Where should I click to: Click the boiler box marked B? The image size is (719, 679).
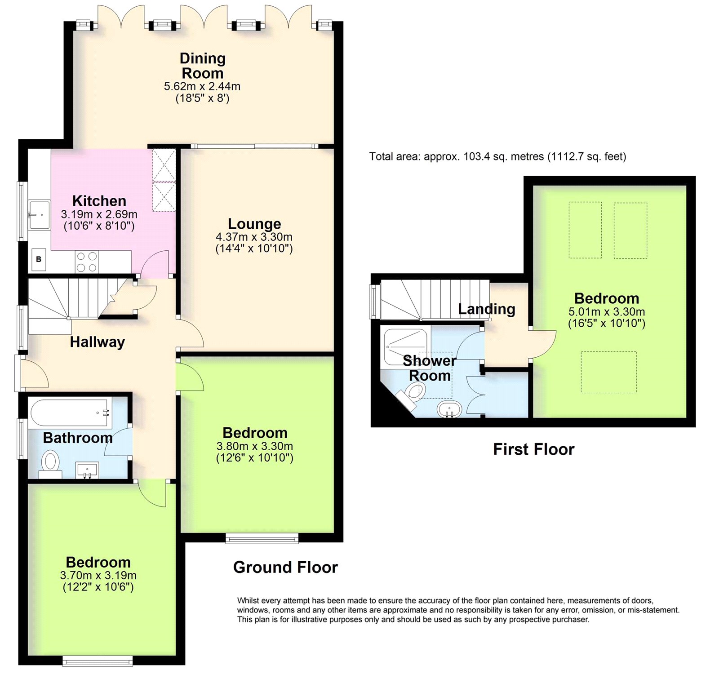coord(39,259)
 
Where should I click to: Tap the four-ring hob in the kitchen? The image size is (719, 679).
coord(87,262)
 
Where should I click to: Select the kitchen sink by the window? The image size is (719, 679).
coord(39,215)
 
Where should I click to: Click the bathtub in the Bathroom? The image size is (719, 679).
coord(70,413)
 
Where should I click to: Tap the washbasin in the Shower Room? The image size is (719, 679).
coord(449,409)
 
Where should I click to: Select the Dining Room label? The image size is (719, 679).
coord(202,66)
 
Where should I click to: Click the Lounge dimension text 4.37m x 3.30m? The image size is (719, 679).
coord(254,237)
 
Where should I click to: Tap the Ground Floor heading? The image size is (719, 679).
coord(285,567)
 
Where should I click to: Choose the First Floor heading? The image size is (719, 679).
coord(533,449)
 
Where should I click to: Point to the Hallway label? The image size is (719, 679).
coord(97,342)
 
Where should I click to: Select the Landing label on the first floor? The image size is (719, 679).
coord(486,309)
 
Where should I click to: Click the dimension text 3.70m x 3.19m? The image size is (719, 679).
coord(98,575)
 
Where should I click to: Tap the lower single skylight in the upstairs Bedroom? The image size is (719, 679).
coord(608,372)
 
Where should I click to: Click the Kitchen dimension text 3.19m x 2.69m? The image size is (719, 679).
coord(99,214)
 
